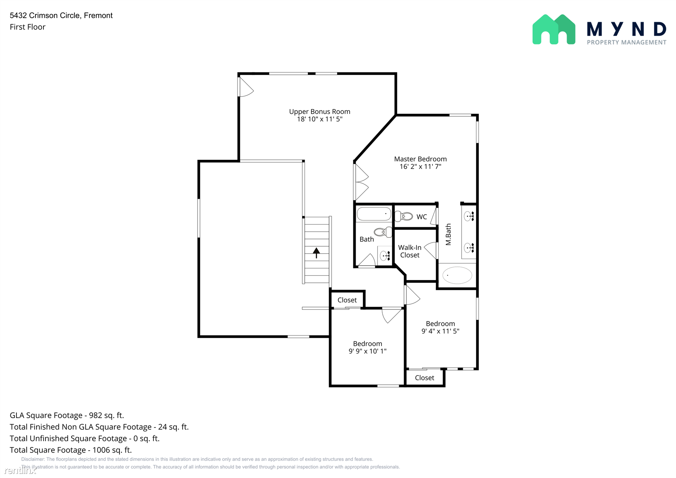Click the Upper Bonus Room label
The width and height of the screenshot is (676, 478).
tap(319, 111)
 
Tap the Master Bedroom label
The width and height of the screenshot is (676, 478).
tap(420, 159)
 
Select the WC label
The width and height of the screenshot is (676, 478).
tap(422, 216)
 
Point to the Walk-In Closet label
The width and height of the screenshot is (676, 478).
tap(410, 251)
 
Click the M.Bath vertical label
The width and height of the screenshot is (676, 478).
tap(448, 234)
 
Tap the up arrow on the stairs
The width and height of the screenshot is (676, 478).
tap(316, 253)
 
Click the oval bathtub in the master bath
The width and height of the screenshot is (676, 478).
tap(457, 275)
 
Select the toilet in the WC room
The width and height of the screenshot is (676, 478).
tap(404, 216)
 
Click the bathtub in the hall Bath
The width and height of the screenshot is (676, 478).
tap(374, 214)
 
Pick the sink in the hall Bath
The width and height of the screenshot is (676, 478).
tap(385, 256)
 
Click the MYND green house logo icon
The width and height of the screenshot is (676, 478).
tap(554, 29)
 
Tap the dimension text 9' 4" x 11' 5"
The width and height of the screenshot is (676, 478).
tap(440, 331)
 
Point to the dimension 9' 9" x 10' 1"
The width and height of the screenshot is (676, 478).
tap(368, 351)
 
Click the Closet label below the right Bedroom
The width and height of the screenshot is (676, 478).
tap(424, 377)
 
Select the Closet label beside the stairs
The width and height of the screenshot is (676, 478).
tap(347, 300)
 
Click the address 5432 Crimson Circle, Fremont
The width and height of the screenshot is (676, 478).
tap(61, 15)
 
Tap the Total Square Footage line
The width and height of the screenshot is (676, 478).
tap(71, 450)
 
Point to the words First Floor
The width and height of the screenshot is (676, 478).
tap(27, 27)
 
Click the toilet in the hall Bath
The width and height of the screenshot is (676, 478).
tap(383, 232)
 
